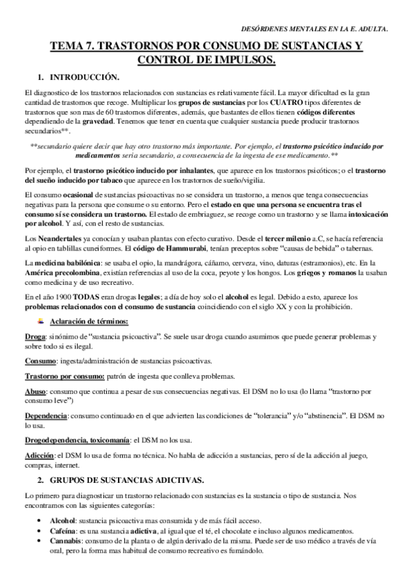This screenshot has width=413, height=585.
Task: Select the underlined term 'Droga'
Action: pyautogui.click(x=36, y=337)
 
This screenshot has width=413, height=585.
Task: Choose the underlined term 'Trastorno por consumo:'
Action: pyautogui.click(x=64, y=376)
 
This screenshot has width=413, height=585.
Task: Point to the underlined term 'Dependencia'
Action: pyautogui.click(x=46, y=416)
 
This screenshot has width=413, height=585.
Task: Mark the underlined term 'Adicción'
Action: pyautogui.click(x=39, y=456)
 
